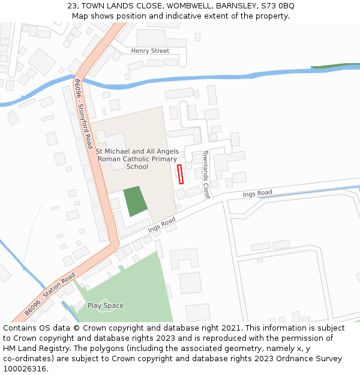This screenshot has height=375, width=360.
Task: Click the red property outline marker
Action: coord(180,174)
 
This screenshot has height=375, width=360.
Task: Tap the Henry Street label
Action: coord(151,51)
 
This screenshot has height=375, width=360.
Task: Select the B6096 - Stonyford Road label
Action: coord(83,114)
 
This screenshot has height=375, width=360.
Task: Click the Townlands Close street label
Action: coord(206,174)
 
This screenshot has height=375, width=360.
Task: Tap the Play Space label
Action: coord(106,305)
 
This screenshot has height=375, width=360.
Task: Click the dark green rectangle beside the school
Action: coord(136,201)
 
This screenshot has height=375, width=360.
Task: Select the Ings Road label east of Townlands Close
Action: coord(257,193)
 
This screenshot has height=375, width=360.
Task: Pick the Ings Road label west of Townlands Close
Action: coord(162,225)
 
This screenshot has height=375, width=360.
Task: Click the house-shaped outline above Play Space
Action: coord(104,304)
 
